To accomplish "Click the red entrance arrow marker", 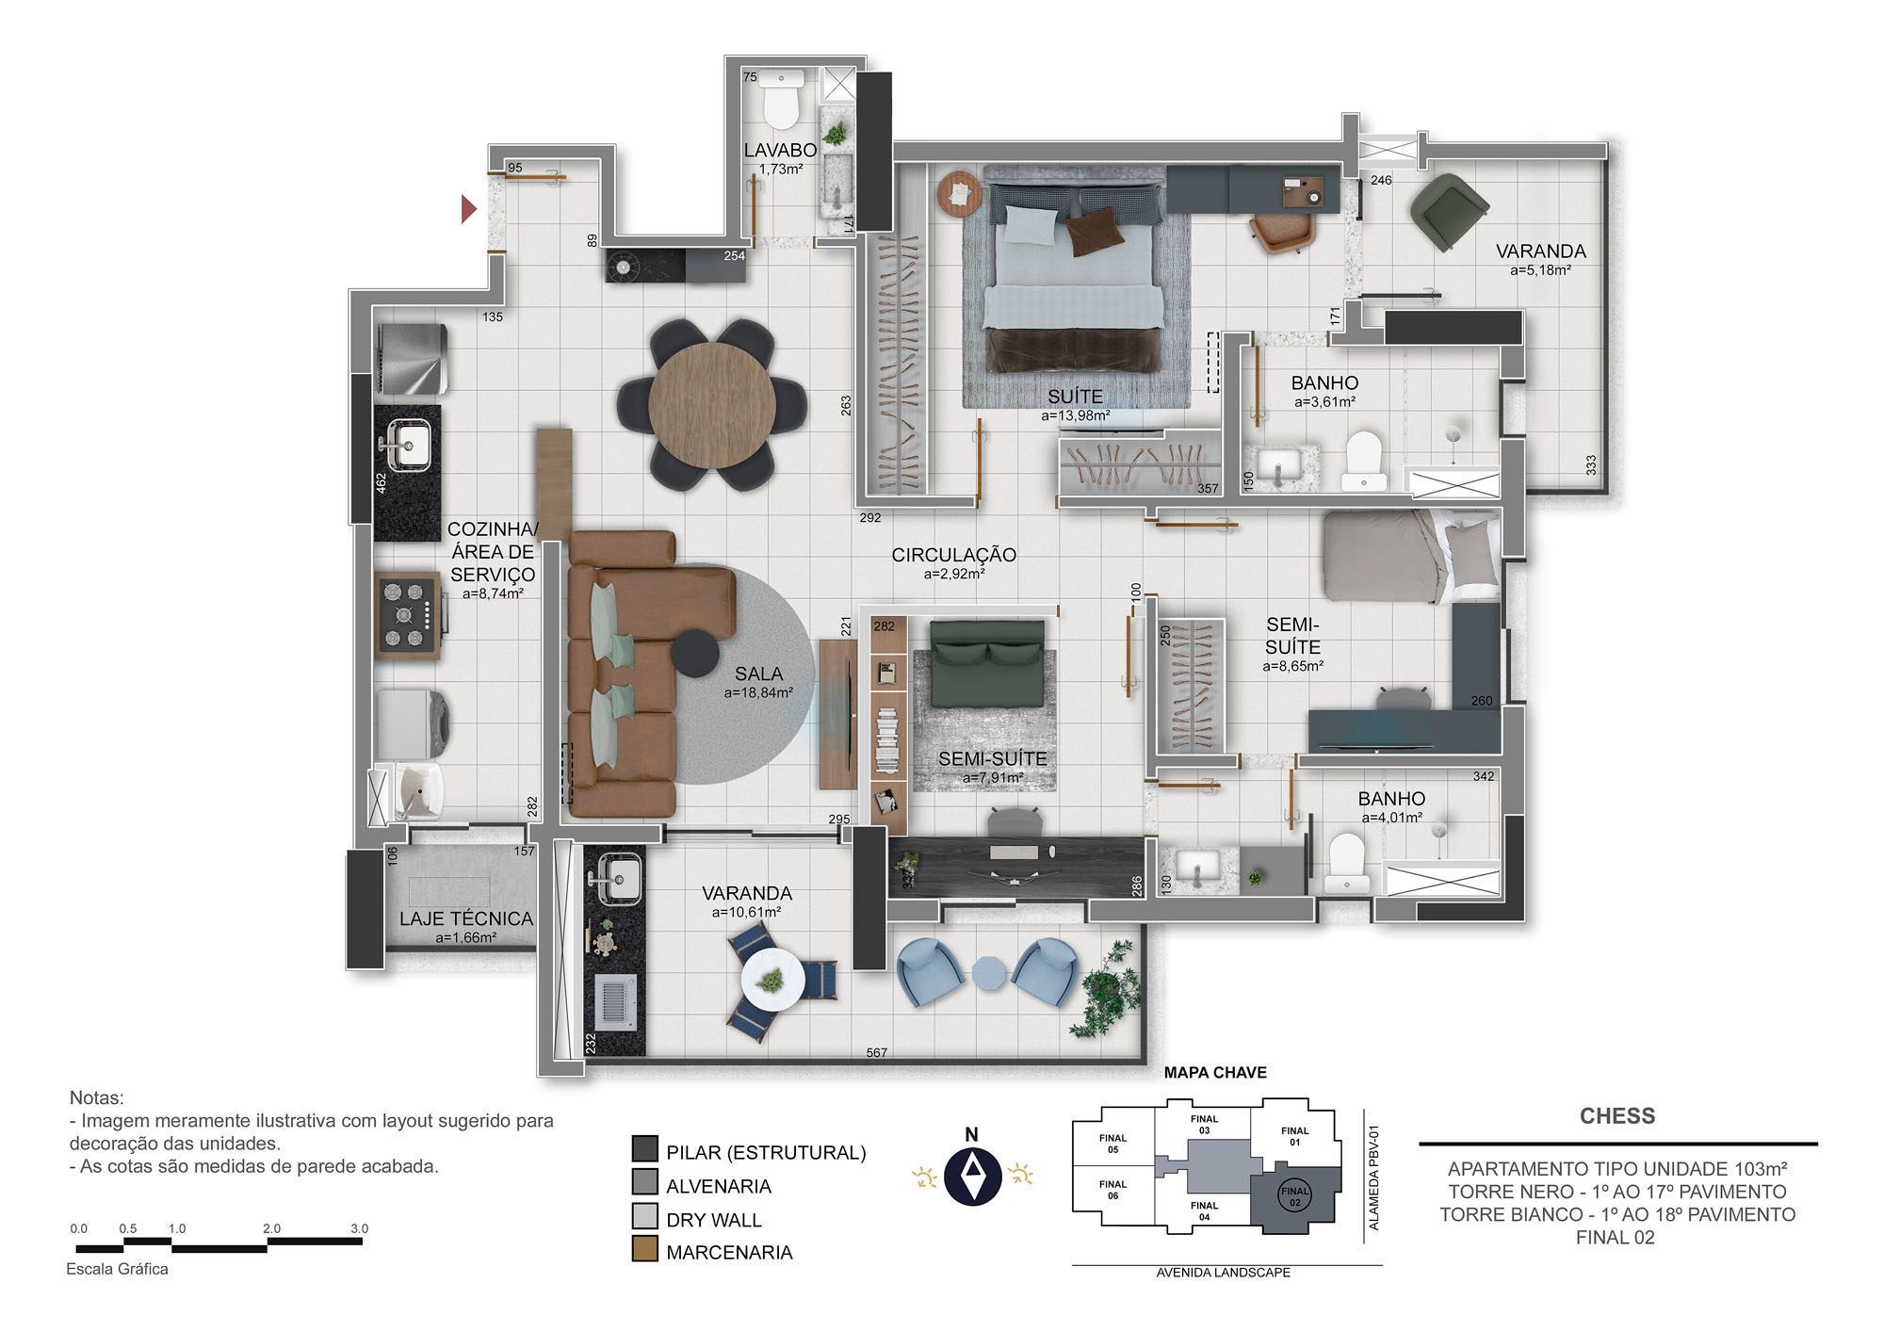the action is pos(468,209).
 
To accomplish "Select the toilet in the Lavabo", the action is pos(780,101).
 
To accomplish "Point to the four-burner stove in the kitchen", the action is pos(408,614).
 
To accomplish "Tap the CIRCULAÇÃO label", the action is pos(953,555).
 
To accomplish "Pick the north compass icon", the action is pos(971,1176).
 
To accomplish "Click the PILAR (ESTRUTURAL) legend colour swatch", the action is pos(645,1149).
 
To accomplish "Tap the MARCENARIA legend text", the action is pos(729,1252).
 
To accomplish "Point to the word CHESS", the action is pos(1617,1116).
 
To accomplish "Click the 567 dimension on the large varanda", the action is pos(876,1052).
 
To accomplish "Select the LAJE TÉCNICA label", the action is pos(466,918).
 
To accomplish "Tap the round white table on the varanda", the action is pos(772,980).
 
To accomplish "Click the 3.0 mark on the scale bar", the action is pos(359,1228).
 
